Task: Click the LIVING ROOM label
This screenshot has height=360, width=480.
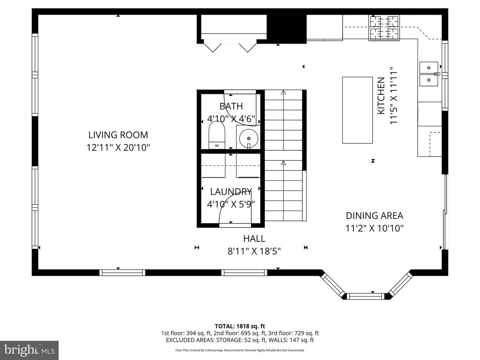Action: tap(118, 135)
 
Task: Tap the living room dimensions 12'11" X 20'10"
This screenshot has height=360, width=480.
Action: tap(118, 148)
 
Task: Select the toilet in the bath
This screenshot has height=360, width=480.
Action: tap(217, 135)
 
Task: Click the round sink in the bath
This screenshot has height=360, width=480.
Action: tap(249, 138)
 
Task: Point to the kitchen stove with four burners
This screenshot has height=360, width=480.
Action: tap(384, 28)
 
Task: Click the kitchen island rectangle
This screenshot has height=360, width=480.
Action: tap(357, 110)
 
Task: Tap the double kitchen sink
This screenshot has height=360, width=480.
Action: tap(429, 74)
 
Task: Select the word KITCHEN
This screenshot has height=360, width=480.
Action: tap(381, 96)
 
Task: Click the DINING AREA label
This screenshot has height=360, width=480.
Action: tap(374, 216)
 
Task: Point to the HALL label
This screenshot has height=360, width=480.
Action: tap(254, 238)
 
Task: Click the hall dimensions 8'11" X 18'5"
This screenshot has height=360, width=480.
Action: tap(254, 251)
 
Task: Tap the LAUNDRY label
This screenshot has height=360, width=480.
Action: tap(231, 192)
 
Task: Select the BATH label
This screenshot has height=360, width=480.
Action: tap(231, 106)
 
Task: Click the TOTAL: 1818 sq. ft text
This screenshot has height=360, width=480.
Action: tap(240, 326)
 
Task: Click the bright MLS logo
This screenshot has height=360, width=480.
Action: tap(29, 350)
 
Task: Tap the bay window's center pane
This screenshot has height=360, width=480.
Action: tap(365, 296)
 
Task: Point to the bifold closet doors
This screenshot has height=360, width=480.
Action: tap(230, 46)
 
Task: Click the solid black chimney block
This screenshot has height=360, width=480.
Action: tap(286, 29)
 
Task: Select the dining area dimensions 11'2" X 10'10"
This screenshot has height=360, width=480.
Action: tap(374, 228)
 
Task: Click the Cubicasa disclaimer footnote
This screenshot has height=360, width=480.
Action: tap(240, 350)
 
